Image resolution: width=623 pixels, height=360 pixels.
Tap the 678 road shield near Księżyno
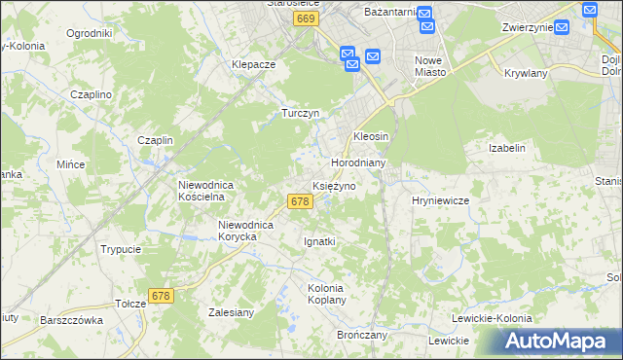300,201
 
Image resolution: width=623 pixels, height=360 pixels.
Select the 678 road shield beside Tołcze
162,295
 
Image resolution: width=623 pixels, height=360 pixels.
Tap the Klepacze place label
254,64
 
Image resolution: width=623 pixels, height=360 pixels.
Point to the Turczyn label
301,113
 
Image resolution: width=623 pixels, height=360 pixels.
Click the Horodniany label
360,162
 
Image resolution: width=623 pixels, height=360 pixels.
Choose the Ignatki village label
320,240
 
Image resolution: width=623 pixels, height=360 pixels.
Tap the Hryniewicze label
441,199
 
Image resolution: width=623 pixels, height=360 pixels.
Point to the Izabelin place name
507,148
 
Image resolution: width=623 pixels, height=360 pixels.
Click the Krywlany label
527,73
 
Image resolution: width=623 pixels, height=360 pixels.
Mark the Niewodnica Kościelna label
202,189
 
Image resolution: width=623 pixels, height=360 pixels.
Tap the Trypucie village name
121,249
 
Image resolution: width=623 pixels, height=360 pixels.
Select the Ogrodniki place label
90,33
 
